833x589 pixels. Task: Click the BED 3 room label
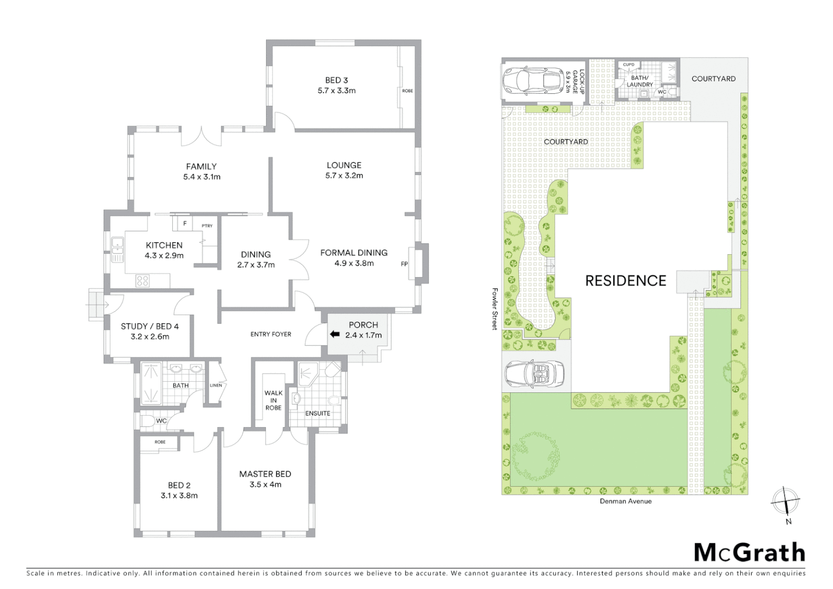(336, 80)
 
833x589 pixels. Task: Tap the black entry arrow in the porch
(334, 334)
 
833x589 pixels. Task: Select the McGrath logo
(750, 552)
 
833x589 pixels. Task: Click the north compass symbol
(786, 501)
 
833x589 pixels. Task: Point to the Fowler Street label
(495, 309)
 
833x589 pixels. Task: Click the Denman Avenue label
(625, 501)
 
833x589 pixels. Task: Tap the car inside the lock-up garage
(532, 80)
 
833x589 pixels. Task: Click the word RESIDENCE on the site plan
(625, 281)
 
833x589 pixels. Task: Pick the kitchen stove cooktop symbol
(142, 281)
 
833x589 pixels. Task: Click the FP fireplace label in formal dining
(404, 264)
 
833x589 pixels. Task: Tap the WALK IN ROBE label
(273, 400)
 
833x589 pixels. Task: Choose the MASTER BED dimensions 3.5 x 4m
(265, 484)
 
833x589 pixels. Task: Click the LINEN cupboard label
(216, 386)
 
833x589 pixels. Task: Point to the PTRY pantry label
(207, 226)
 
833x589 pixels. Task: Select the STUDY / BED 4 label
(149, 326)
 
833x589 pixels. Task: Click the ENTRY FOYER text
(270, 334)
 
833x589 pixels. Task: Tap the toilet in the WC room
(148, 421)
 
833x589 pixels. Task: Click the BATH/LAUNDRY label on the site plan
(639, 81)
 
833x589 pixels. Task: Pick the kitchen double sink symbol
(117, 250)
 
